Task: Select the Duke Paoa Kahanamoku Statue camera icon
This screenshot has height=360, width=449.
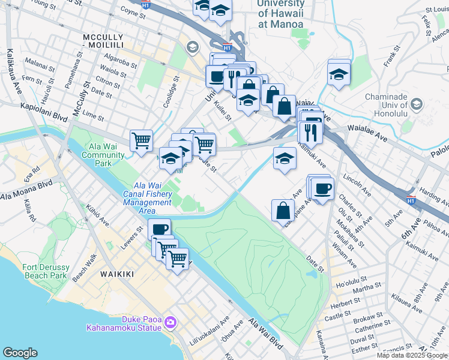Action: click(170, 323)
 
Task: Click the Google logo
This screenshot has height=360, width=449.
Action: click(20, 353)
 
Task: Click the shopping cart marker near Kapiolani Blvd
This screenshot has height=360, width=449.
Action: click(141, 141)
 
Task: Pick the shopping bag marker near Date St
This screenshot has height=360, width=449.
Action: click(283, 211)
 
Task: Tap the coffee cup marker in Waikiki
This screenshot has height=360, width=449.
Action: click(160, 229)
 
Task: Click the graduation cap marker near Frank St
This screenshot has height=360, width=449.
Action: click(339, 74)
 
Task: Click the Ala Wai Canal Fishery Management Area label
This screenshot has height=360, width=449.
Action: click(148, 194)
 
